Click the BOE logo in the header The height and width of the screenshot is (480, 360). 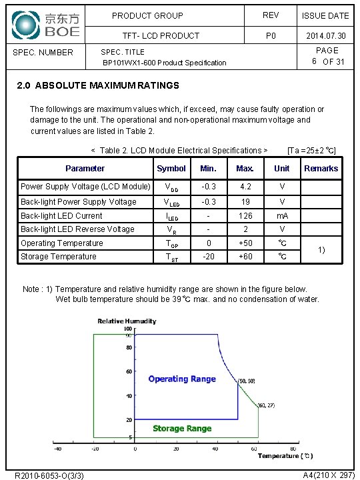(46, 25)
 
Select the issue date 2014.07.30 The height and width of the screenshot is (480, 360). (325, 35)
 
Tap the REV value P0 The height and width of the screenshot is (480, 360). (271, 35)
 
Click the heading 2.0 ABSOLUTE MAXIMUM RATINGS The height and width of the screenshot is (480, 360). (97, 85)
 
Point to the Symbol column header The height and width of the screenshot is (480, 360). (171, 169)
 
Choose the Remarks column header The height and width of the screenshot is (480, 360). (321, 169)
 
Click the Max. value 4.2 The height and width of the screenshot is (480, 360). (245, 187)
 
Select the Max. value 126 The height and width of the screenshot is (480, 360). (245, 216)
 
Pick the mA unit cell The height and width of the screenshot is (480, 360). (282, 216)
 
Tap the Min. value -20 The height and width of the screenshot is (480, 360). (208, 257)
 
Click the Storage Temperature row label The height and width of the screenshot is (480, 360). (58, 257)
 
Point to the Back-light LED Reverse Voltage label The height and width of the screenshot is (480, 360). (77, 229)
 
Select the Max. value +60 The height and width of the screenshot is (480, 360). (245, 257)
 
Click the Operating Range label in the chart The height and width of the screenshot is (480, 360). (182, 379)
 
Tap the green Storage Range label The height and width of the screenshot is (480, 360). (182, 429)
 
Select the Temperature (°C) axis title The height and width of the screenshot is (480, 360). (285, 456)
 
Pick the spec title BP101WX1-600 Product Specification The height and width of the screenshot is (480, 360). (164, 63)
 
